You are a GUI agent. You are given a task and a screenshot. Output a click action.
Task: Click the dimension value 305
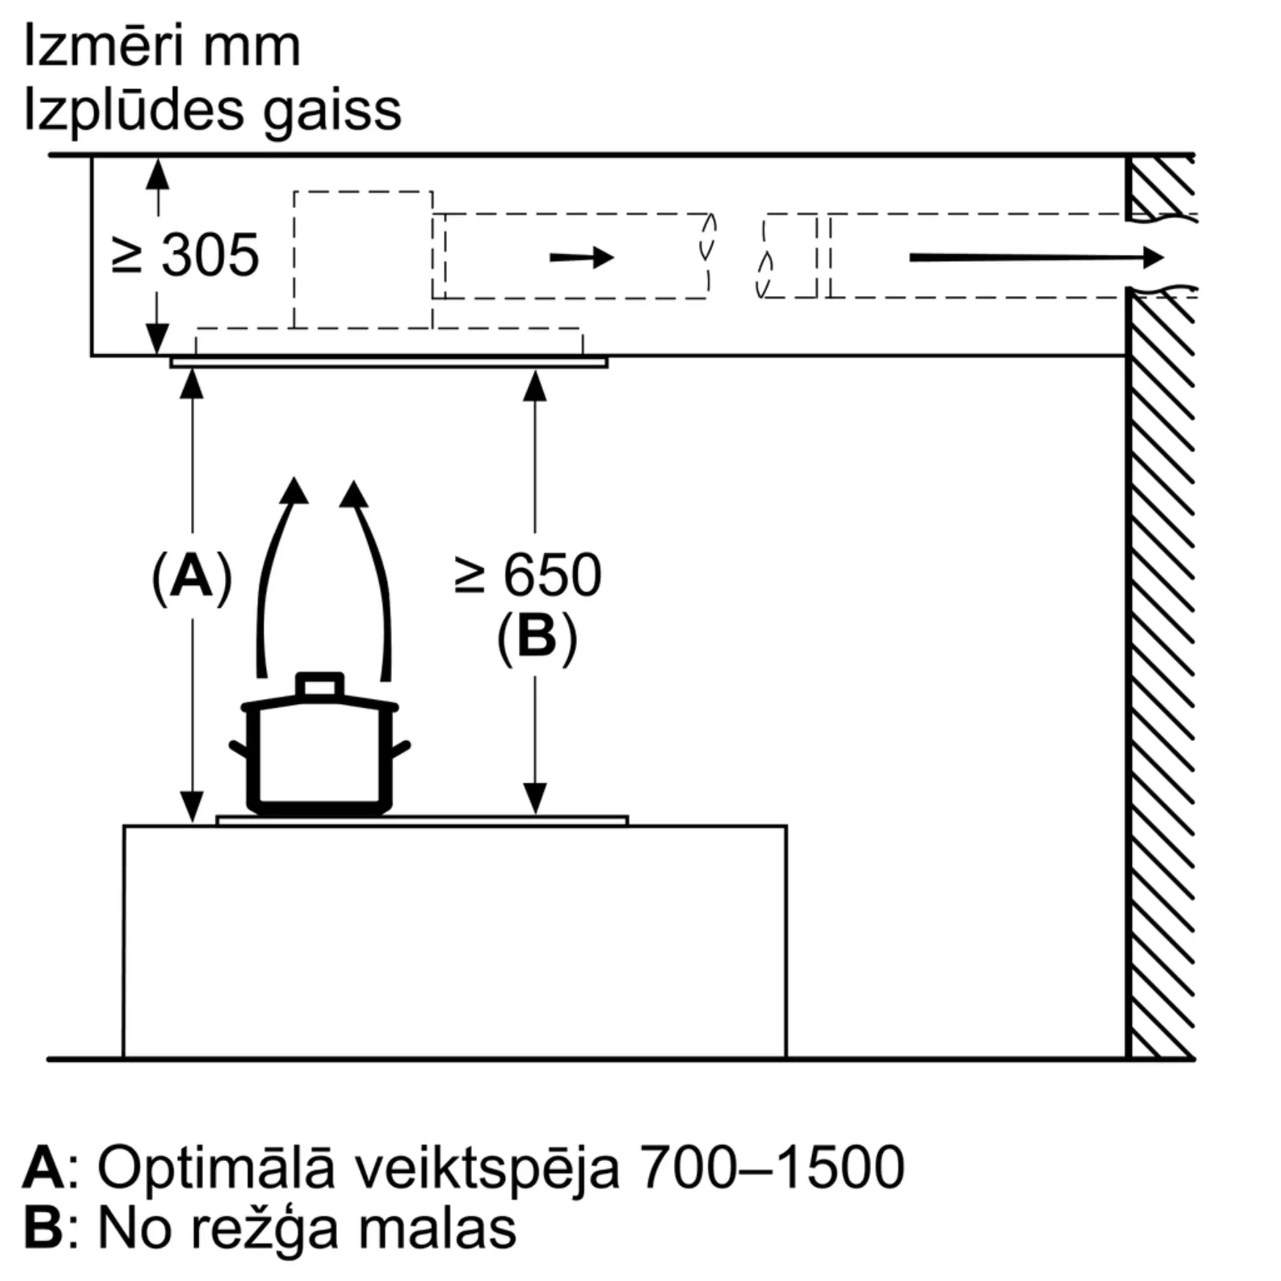[x=210, y=256]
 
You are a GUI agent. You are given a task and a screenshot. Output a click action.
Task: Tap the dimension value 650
[x=552, y=576]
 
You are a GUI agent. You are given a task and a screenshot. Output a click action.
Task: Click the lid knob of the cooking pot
[x=320, y=685]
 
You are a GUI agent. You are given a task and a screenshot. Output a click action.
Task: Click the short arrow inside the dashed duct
[x=582, y=257]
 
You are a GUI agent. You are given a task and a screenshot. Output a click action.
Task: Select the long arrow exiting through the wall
[x=1036, y=257]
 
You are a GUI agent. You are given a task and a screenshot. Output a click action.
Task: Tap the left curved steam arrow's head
[x=294, y=491]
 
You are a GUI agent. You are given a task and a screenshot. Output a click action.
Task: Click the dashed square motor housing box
[x=363, y=259]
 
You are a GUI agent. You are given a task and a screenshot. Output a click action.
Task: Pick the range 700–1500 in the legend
[x=773, y=1168]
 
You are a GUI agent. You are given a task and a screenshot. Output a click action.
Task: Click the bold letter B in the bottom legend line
[x=44, y=1230]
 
